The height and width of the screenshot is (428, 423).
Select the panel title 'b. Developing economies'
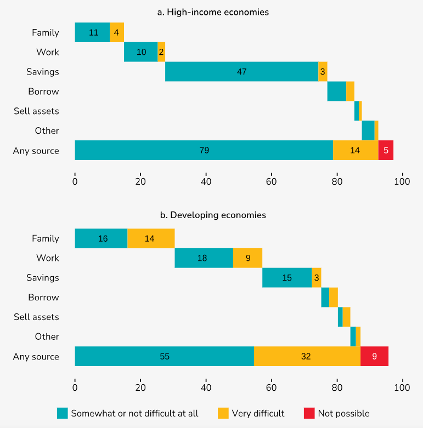point(213,215)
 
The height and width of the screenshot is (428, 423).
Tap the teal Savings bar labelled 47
point(241,72)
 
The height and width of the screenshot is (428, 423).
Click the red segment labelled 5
point(386,150)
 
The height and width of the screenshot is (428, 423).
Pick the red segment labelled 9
point(374,356)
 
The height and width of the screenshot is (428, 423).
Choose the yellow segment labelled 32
point(307,356)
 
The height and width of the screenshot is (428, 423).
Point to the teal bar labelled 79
point(204,150)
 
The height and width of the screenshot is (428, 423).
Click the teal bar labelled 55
point(164,356)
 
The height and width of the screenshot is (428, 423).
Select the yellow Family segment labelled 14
point(151,238)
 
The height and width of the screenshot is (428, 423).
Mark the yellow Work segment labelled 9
point(247,258)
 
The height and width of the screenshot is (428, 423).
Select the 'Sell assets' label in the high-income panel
point(36,111)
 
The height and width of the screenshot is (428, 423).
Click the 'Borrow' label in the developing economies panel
point(43,297)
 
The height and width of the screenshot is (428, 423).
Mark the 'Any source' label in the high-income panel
point(36,151)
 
